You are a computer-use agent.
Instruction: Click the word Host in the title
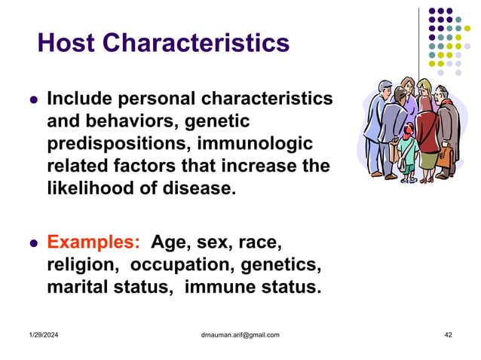pyautogui.click(x=70, y=43)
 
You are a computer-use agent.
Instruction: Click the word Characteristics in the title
pyautogui.click(x=199, y=43)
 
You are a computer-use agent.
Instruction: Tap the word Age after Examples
pyautogui.click(x=173, y=243)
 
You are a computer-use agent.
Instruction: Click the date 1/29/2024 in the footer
pyautogui.click(x=46, y=334)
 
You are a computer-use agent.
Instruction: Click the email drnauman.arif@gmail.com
pyautogui.click(x=236, y=334)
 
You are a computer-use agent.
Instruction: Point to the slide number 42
pyautogui.click(x=448, y=334)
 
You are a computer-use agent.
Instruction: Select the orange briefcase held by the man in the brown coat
pyautogui.click(x=443, y=157)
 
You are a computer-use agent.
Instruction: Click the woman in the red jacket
pyautogui.click(x=425, y=128)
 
